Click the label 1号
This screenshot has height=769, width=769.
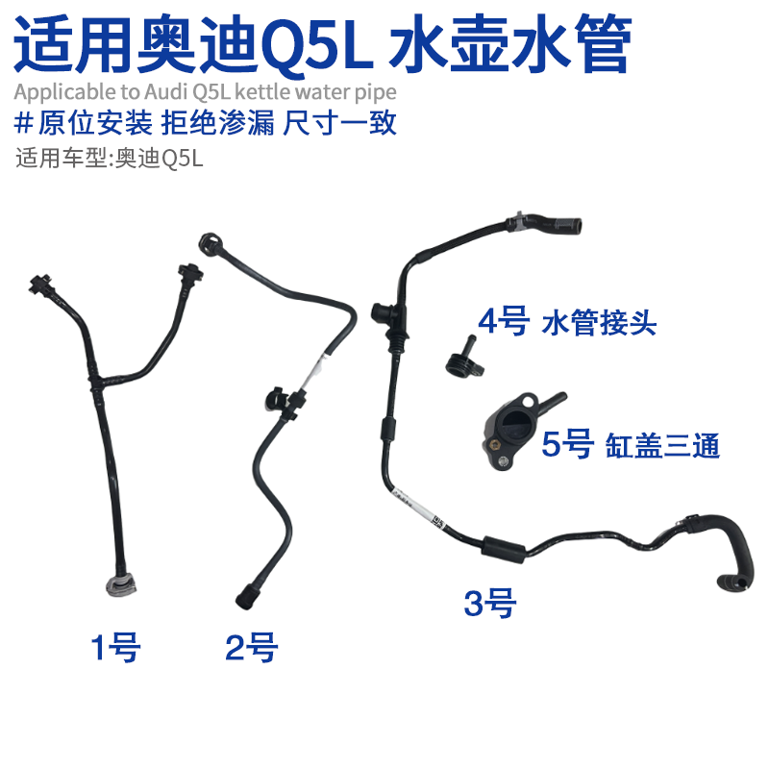click(115, 648)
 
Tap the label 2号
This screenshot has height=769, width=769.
click(251, 648)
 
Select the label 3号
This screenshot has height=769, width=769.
click(490, 605)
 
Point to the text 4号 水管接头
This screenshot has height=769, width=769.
click(567, 321)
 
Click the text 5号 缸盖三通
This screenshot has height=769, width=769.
click(631, 445)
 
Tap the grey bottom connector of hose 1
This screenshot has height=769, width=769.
click(118, 588)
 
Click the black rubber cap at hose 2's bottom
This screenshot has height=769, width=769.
click(243, 595)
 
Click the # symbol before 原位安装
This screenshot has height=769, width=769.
click(25, 123)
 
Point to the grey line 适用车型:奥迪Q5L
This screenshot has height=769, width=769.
click(111, 157)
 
